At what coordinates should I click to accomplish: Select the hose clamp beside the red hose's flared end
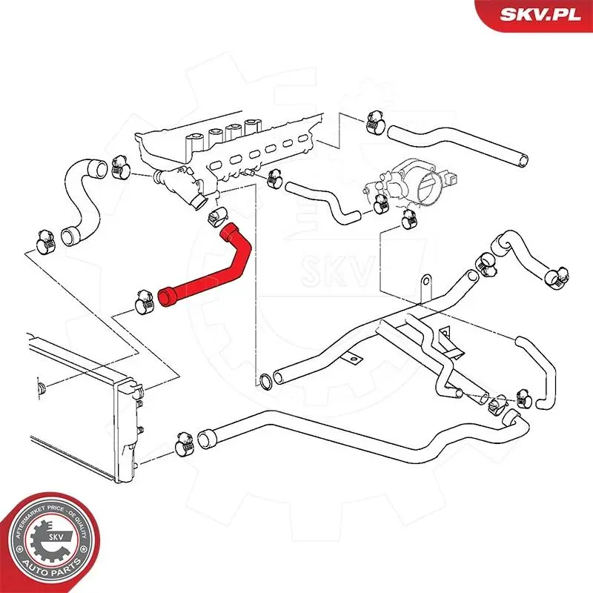[x=142, y=302]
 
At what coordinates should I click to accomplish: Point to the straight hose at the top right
[x=460, y=145]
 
